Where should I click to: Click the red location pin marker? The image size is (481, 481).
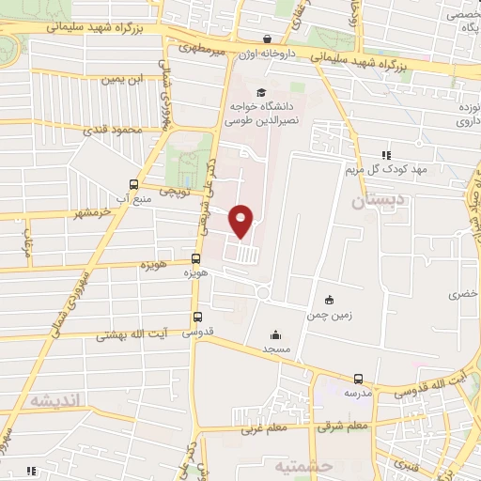[x=241, y=220]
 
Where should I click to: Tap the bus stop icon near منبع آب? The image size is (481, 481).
[x=134, y=184]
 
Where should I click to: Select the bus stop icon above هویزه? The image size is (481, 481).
[x=196, y=258]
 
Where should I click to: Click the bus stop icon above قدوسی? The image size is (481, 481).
[x=197, y=317]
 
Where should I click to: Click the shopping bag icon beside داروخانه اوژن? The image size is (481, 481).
[x=269, y=39]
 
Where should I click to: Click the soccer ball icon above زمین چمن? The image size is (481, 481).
[x=327, y=300]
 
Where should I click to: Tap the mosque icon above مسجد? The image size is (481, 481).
[x=275, y=334]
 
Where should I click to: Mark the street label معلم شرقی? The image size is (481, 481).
[x=344, y=425]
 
